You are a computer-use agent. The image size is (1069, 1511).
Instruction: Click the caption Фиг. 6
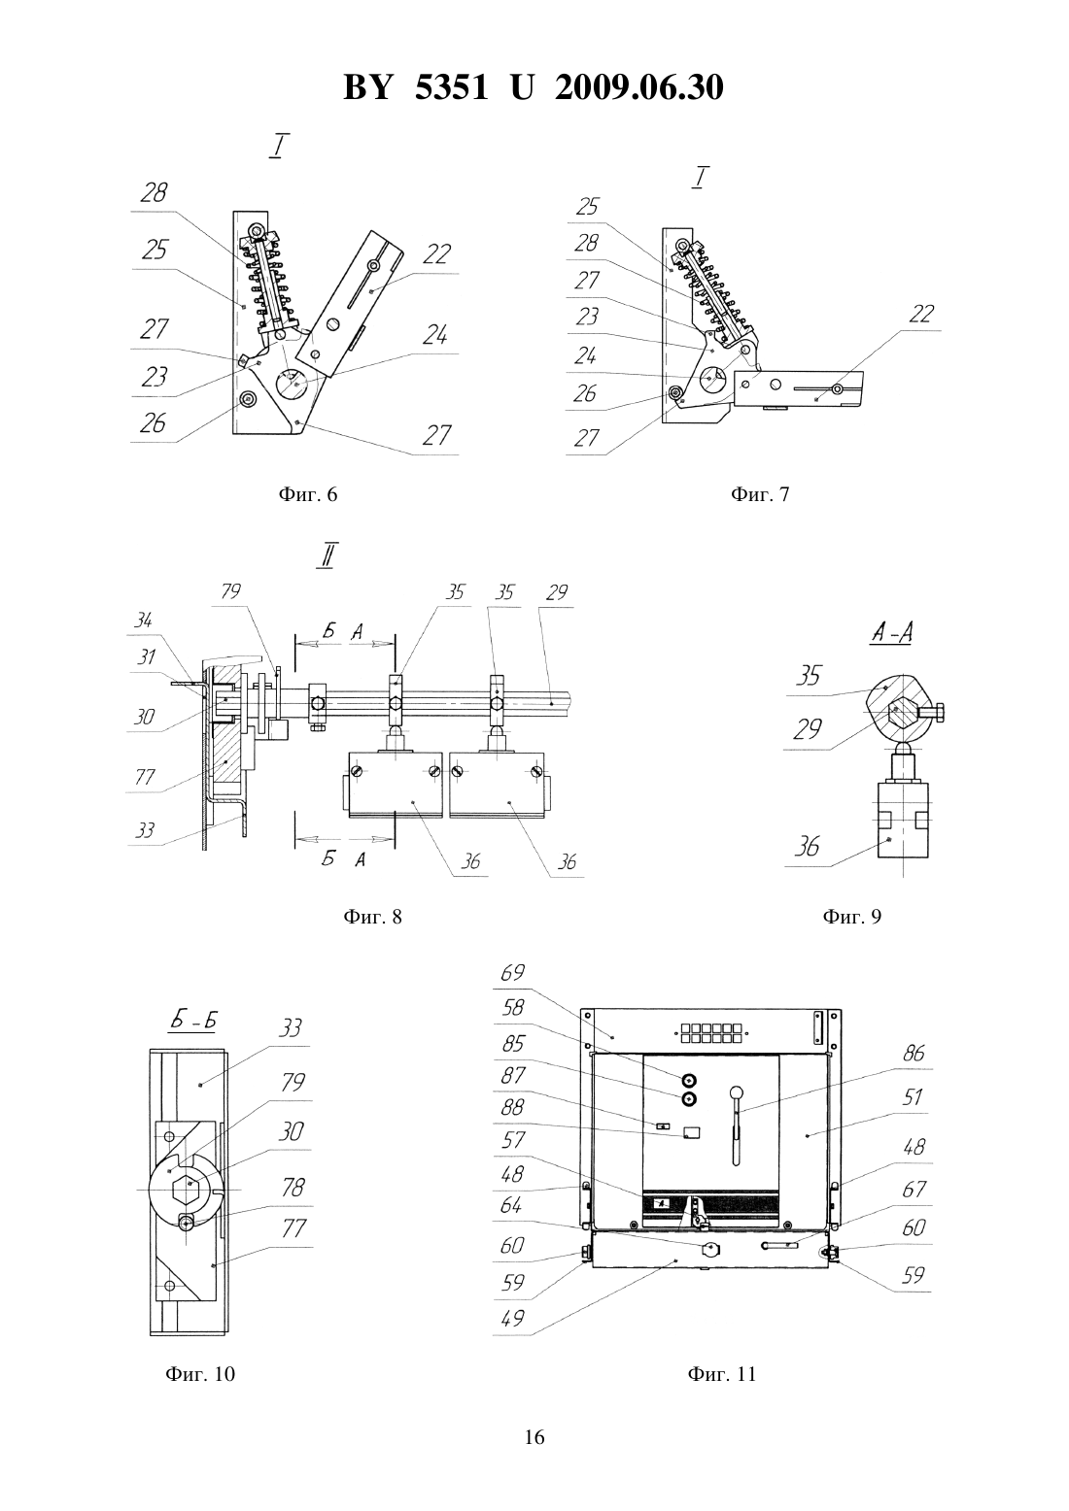point(308,494)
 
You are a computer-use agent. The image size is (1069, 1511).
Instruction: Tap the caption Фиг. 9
point(851,916)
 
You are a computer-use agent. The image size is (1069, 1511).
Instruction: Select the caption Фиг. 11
point(721,1374)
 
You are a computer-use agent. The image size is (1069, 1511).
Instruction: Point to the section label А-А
point(892,633)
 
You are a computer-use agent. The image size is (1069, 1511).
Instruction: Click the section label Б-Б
point(193,1022)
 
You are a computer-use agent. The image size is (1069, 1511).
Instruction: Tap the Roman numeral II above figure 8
point(328,554)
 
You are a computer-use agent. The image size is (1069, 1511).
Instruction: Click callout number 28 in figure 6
point(154,193)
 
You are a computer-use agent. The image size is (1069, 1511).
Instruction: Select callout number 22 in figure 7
point(921,314)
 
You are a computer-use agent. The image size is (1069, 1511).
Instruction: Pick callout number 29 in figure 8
point(558,593)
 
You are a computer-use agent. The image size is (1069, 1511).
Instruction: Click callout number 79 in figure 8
point(231,591)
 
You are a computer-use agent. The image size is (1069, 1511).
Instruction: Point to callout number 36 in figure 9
point(808,846)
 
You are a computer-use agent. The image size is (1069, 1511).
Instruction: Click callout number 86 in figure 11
point(914,1053)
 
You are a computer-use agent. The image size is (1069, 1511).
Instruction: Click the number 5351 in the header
point(452,87)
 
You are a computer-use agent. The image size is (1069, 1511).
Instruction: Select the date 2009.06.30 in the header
point(639,87)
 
